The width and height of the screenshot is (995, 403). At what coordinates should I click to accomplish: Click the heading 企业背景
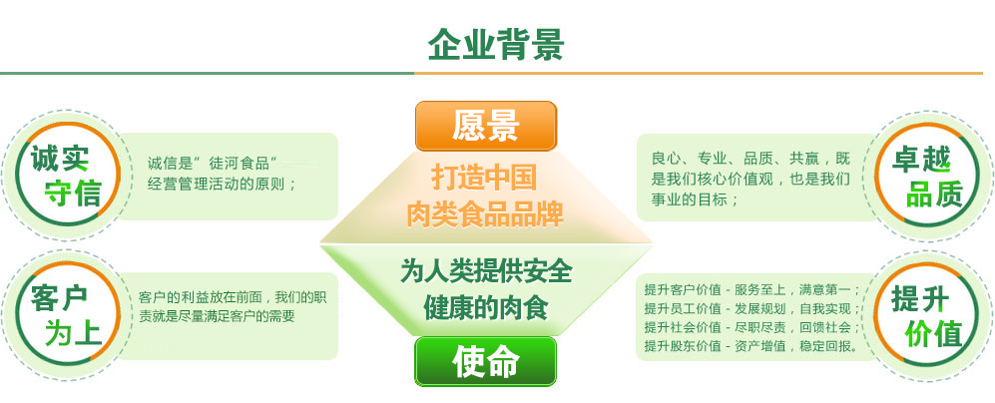coord(496,45)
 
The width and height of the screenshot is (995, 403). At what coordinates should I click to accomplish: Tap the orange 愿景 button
coord(486,127)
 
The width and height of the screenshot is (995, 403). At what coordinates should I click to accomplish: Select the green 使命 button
coord(486,361)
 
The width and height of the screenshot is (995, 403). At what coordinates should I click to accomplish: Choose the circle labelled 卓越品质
coord(927,176)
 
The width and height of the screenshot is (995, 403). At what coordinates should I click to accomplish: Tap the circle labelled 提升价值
coord(927,313)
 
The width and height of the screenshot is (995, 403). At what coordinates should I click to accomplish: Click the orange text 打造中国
coord(485,178)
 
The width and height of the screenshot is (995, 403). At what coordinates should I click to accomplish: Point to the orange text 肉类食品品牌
coord(485,212)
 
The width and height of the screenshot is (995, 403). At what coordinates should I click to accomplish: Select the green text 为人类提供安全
coord(486,271)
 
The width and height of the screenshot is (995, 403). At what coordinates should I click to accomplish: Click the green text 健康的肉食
coord(486,306)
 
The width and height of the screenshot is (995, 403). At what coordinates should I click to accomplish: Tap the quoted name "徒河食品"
coord(240,162)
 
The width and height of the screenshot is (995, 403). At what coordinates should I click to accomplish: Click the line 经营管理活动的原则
coord(222,183)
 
